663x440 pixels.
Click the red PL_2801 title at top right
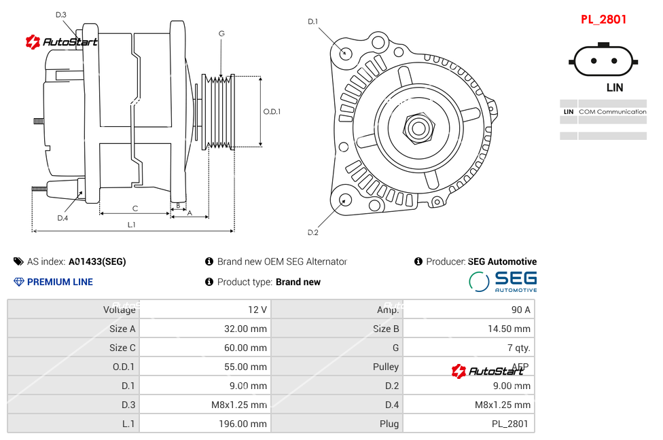[603, 20]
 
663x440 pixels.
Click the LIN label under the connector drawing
[614, 88]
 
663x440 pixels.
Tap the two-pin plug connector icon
[604, 60]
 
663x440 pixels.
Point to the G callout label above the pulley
[221, 34]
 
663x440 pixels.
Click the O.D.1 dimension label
[272, 112]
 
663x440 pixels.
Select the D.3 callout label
[61, 15]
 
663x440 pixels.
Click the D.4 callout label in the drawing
[62, 218]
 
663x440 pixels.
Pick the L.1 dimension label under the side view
[132, 225]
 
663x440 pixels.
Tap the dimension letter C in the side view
[135, 208]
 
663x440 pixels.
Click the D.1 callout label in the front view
[312, 22]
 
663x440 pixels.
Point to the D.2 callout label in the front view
[312, 233]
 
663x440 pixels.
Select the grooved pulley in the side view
[219, 111]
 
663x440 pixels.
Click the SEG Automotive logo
[503, 281]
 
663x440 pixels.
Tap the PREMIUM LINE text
[60, 282]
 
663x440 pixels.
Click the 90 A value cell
[520, 310]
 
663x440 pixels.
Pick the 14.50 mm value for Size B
[513, 329]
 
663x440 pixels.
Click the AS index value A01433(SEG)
[97, 261]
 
